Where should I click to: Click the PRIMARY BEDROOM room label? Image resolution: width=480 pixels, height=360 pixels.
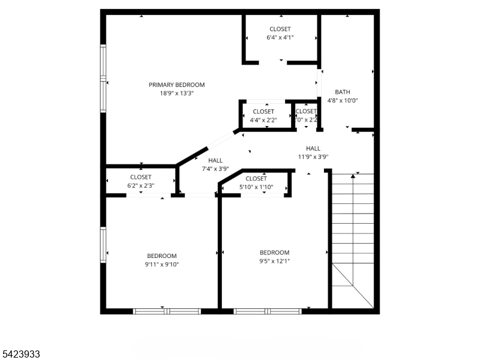[177, 85]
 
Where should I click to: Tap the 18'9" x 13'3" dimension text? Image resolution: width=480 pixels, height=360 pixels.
[177, 93]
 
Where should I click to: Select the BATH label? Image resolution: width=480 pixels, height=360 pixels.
[343, 92]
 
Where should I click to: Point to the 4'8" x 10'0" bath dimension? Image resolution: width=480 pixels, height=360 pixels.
[343, 101]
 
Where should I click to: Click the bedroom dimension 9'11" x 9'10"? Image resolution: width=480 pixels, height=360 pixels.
[162, 264]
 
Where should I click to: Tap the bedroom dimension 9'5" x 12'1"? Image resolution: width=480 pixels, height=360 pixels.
[274, 261]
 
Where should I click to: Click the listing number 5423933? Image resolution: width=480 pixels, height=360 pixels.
[20, 355]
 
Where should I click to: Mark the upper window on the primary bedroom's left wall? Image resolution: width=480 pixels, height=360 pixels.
[103, 62]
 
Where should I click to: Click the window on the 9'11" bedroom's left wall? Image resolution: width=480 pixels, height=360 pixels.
[103, 245]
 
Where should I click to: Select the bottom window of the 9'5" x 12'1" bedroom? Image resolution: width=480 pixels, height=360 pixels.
[267, 311]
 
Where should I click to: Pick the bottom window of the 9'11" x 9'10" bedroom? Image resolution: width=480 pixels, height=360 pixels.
[166, 311]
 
